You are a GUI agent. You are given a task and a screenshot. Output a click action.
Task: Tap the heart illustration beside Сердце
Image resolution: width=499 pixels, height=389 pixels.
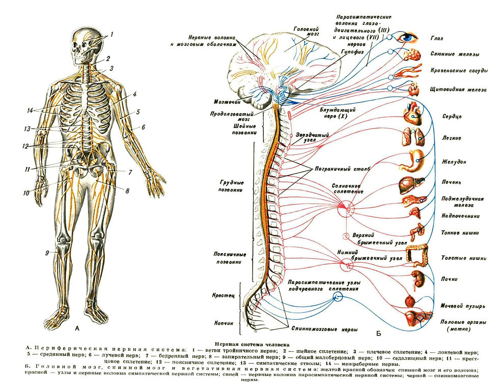point(413,114)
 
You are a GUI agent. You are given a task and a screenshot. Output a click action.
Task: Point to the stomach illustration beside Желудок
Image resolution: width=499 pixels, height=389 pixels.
point(412,161)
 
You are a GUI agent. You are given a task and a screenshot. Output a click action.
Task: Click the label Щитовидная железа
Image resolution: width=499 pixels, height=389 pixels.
point(458,90)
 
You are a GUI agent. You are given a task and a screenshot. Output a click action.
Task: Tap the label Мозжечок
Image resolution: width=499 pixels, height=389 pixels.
point(227,102)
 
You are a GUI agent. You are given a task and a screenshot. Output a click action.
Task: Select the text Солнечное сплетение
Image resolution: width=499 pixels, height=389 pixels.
point(347,188)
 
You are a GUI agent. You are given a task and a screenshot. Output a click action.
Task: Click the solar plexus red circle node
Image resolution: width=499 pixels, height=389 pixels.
point(346,209)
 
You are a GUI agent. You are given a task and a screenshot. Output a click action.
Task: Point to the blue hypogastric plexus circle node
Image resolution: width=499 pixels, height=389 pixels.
point(338,297)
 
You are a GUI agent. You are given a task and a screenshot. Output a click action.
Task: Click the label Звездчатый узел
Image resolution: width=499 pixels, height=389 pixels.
point(312,137)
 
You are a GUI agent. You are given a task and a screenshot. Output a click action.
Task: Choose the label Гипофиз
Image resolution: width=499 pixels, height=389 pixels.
point(352,51)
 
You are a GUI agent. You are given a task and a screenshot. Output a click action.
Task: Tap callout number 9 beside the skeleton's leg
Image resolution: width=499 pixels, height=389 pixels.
point(47,253)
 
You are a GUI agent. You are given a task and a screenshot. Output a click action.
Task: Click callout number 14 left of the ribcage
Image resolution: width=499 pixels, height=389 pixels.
point(30,110)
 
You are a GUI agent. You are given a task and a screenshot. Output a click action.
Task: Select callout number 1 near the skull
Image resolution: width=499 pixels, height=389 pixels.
point(112,34)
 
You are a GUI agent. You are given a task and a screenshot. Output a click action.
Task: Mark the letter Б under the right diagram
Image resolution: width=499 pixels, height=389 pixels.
point(379,334)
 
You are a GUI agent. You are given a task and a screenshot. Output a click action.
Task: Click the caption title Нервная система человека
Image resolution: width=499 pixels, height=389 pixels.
point(252,344)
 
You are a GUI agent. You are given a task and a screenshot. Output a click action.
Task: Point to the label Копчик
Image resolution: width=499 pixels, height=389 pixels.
point(224,323)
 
